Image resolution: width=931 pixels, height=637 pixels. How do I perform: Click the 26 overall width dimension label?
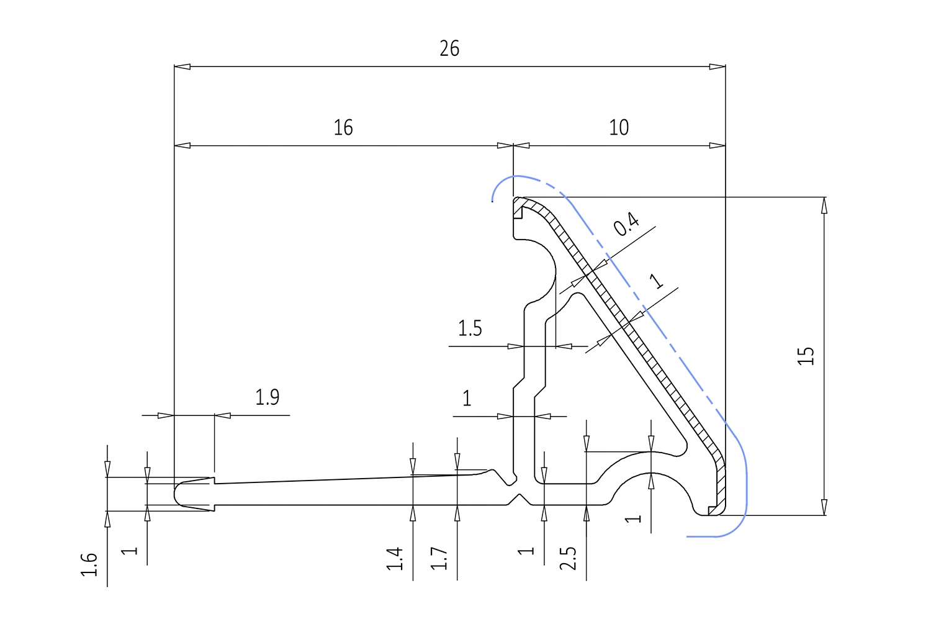click(x=449, y=48)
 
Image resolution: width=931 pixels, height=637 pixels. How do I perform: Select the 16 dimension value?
click(x=343, y=128)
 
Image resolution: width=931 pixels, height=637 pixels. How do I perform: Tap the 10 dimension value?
click(x=619, y=128)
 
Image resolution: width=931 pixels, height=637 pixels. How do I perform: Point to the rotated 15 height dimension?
click(x=806, y=356)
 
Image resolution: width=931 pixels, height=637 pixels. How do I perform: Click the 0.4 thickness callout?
click(x=627, y=224)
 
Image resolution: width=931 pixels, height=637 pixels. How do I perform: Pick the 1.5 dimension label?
click(x=470, y=328)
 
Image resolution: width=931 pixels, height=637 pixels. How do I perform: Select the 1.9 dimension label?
click(x=267, y=397)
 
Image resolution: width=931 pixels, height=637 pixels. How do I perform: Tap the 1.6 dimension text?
click(x=89, y=564)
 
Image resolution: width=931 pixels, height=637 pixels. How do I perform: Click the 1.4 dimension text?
click(x=394, y=559)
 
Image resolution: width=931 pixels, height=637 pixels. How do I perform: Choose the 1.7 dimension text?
click(x=439, y=559)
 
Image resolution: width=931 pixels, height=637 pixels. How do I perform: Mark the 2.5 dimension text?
click(x=568, y=558)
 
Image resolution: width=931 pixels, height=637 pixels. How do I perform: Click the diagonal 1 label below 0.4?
click(x=656, y=281)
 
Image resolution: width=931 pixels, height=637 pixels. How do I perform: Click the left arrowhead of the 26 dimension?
click(x=182, y=66)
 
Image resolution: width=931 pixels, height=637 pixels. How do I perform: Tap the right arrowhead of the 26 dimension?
click(x=717, y=66)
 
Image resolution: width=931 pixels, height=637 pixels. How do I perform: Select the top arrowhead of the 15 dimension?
click(x=824, y=206)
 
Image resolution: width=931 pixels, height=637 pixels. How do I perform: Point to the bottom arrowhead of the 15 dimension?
click(x=824, y=507)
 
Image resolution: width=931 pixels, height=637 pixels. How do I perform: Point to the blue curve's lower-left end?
click(x=688, y=536)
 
